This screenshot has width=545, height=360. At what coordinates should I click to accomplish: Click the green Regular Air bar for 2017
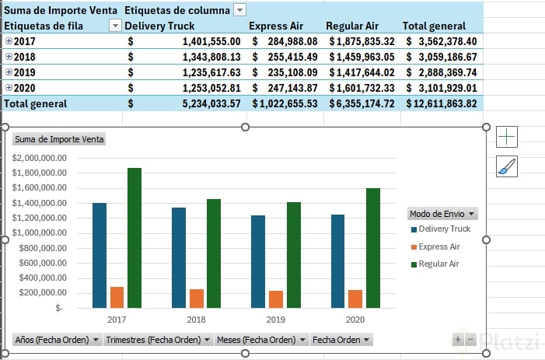[135, 237]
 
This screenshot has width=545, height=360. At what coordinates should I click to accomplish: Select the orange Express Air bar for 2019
[276, 299]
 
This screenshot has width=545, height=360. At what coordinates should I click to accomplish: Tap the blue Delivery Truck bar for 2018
[179, 257]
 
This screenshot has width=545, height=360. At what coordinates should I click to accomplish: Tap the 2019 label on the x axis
[276, 319]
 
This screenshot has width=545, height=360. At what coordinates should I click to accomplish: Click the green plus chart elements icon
[507, 137]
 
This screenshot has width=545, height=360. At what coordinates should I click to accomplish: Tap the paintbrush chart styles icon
[507, 166]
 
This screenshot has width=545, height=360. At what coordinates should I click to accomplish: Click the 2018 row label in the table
[25, 57]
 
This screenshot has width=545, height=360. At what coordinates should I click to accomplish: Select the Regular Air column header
[351, 26]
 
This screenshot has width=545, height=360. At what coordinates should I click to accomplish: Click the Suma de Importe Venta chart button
[59, 139]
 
